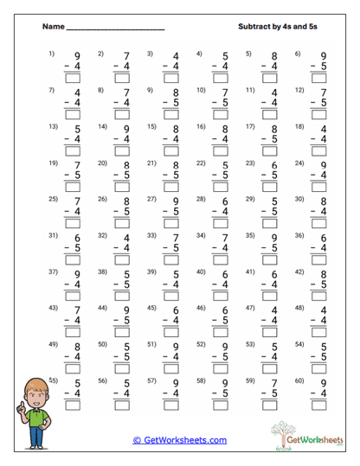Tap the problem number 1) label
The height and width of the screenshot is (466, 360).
52,54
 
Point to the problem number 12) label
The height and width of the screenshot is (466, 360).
300,90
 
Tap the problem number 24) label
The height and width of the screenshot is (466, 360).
300,163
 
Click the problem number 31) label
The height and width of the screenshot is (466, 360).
52,235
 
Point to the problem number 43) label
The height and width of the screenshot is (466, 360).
52,308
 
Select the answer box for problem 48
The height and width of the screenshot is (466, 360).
320,333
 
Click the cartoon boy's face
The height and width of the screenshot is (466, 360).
32,392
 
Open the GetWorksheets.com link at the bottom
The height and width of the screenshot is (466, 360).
179,440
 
